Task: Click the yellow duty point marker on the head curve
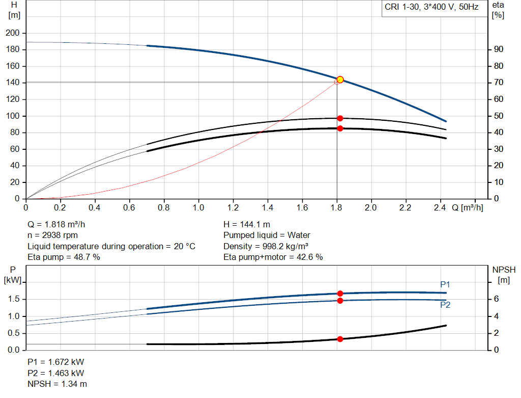point(340,79)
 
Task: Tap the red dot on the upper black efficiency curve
point(340,118)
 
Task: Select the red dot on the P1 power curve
point(340,294)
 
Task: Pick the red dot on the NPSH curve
point(340,339)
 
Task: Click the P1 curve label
point(445,284)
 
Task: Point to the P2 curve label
point(445,305)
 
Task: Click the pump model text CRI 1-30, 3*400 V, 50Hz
point(431,8)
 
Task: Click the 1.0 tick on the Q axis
point(198,208)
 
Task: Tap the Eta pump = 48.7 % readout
point(64,257)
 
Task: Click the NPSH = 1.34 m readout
point(57,384)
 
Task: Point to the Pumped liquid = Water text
point(267,235)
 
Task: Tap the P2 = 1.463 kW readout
point(55,373)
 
